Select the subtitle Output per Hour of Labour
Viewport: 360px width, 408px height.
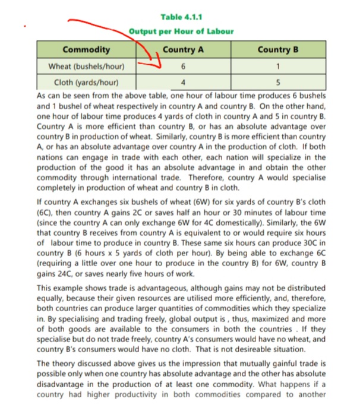tap(181, 31)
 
